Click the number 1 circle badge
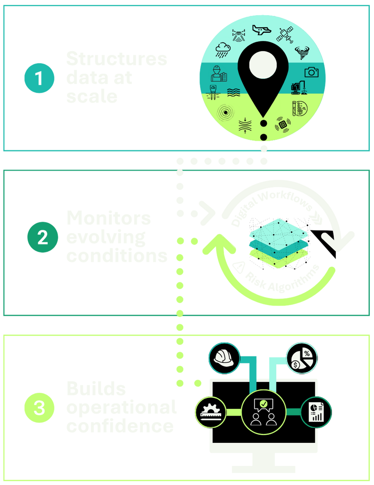point(39,78)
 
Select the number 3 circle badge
point(39,408)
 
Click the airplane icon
point(261,30)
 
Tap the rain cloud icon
point(223,49)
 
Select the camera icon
point(311,72)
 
